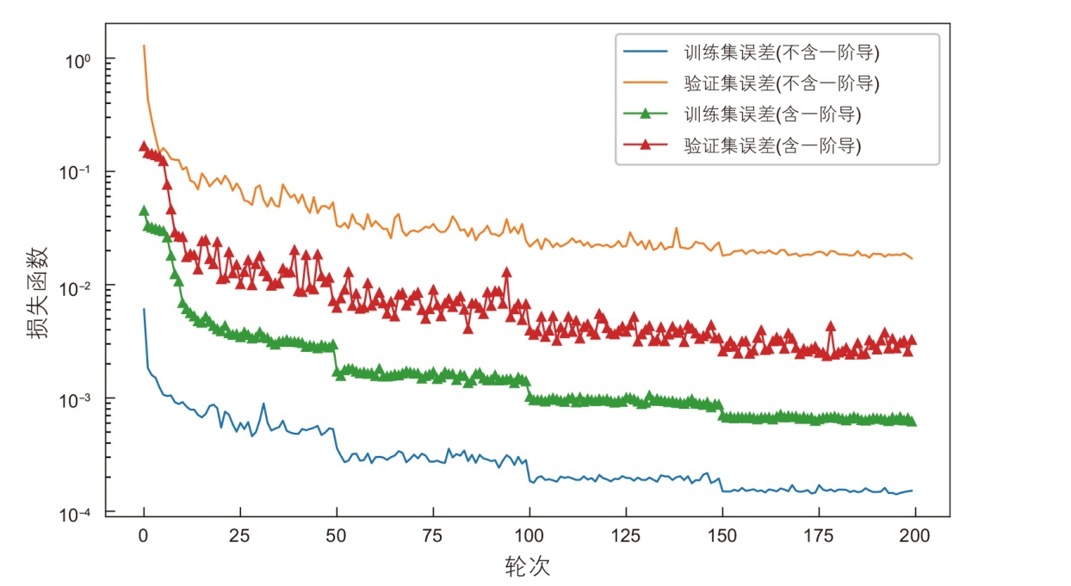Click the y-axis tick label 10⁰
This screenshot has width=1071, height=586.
78,60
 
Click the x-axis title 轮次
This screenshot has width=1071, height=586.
527,566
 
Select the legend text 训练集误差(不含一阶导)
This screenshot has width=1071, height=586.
782,53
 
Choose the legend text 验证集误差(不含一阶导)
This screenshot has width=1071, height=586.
782,83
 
